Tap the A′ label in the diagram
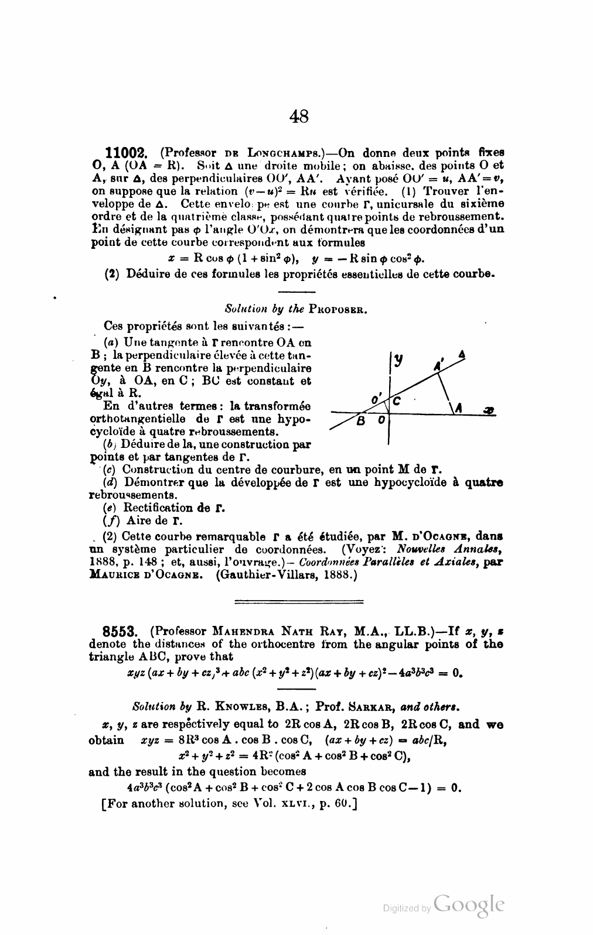(x=439, y=365)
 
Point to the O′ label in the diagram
(x=376, y=398)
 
